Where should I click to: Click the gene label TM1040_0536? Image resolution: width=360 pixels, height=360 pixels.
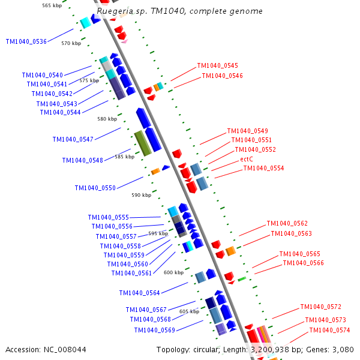(26, 41)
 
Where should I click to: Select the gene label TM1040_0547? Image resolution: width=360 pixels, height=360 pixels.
(73, 139)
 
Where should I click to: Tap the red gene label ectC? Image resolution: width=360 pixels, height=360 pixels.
(247, 159)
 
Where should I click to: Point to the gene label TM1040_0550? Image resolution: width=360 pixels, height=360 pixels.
(95, 188)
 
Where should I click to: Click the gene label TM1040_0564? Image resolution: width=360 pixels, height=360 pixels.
(139, 293)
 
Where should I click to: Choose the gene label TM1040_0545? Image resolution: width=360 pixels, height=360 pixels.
(217, 66)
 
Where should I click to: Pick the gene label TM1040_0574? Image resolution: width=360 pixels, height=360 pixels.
(329, 331)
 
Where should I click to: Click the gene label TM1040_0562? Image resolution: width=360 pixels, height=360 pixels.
(287, 223)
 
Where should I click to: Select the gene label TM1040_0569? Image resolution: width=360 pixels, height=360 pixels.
(154, 330)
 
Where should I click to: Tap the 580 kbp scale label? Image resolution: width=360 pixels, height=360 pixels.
(107, 119)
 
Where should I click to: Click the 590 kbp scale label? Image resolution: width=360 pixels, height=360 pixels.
(142, 195)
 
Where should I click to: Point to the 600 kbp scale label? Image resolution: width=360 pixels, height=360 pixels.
(173, 272)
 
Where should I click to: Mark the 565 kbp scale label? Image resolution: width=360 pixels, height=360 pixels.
(52, 5)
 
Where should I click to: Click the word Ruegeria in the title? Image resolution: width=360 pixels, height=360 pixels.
(113, 11)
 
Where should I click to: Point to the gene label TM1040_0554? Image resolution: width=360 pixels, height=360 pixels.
(263, 169)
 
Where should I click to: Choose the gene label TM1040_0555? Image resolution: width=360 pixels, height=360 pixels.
(108, 217)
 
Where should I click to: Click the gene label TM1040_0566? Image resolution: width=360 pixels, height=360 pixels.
(303, 263)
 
